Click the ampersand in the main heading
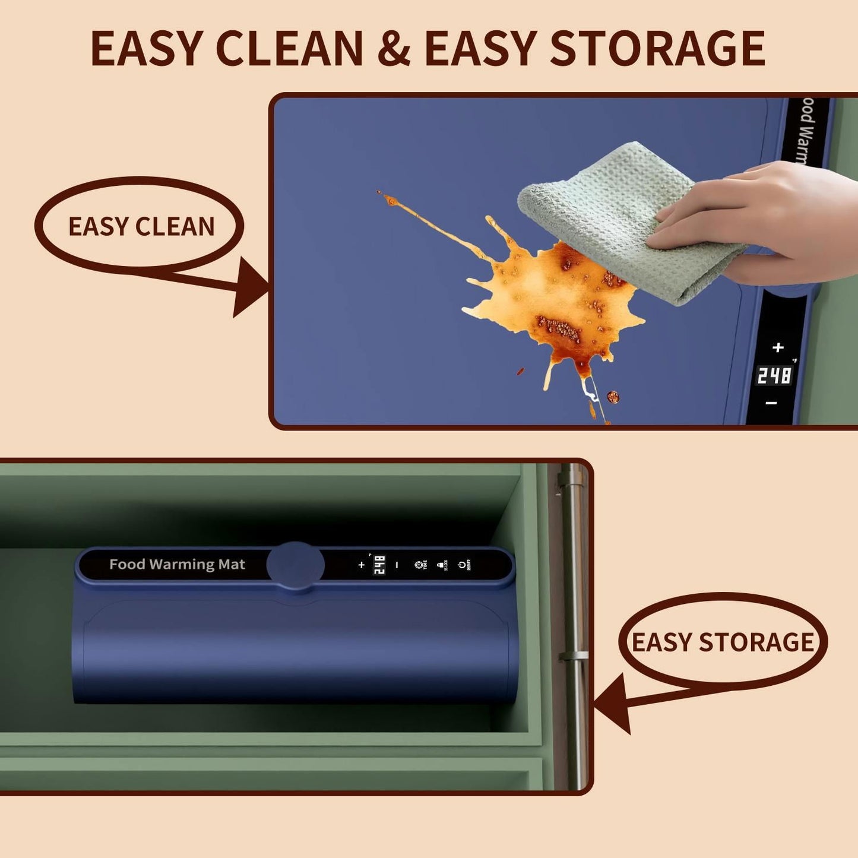click(x=394, y=49)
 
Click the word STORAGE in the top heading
click(x=657, y=49)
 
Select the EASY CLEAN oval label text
click(x=141, y=226)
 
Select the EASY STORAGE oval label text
click(x=722, y=642)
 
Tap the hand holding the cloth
click(x=766, y=220)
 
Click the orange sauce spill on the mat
click(x=552, y=297)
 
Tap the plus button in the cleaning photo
click(x=778, y=347)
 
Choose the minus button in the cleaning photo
click(x=771, y=403)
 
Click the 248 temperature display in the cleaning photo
click(x=774, y=375)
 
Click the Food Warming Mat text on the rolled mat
click(x=177, y=564)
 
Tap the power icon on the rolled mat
click(x=462, y=565)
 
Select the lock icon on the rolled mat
click(x=441, y=565)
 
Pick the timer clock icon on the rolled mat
click(x=419, y=565)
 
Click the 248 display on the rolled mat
click(x=379, y=565)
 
